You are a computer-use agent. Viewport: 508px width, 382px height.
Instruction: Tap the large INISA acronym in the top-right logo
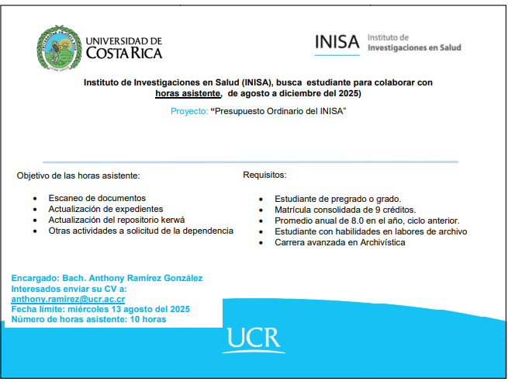point(337,43)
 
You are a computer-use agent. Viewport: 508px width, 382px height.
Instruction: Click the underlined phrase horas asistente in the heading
point(187,93)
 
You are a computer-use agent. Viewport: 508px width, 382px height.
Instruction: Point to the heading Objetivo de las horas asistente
point(78,175)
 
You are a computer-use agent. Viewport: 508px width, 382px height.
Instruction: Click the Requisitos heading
point(264,175)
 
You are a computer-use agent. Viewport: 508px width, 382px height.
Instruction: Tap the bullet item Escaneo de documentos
point(97,198)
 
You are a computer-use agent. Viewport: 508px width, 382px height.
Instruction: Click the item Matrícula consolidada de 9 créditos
point(345,210)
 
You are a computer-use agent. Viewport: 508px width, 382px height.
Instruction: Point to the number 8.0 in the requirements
point(342,221)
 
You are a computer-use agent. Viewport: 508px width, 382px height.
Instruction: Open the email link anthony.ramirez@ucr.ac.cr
point(68,299)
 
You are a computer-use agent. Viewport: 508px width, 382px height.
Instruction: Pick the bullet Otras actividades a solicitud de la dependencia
point(140,231)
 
